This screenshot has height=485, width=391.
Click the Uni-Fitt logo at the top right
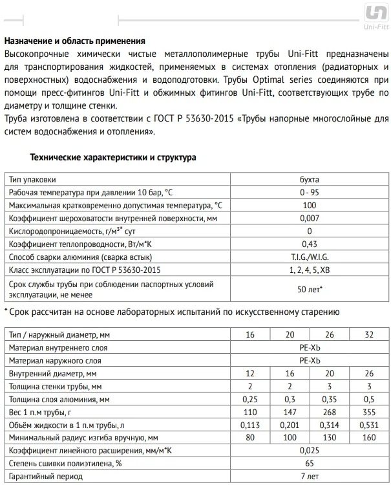point(375,16)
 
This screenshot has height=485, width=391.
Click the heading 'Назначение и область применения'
point(74,41)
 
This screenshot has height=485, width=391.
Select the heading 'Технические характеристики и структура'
point(113,157)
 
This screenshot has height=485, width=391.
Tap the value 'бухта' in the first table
point(310,179)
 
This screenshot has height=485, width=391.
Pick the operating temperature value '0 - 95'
point(310,192)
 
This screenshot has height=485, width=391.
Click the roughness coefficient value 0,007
point(310,218)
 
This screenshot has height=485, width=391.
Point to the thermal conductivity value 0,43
point(310,244)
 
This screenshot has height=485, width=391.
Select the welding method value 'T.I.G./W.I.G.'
point(310,257)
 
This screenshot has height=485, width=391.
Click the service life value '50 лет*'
point(310,289)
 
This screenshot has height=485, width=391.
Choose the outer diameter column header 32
point(368,335)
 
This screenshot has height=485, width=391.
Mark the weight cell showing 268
point(330,412)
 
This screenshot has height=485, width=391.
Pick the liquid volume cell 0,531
point(368,425)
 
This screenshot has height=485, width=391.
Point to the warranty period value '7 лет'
point(310,477)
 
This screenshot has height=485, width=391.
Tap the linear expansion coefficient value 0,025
point(310,451)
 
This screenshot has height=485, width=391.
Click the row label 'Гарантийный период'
point(46,477)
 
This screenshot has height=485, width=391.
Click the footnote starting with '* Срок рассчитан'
point(171,312)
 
